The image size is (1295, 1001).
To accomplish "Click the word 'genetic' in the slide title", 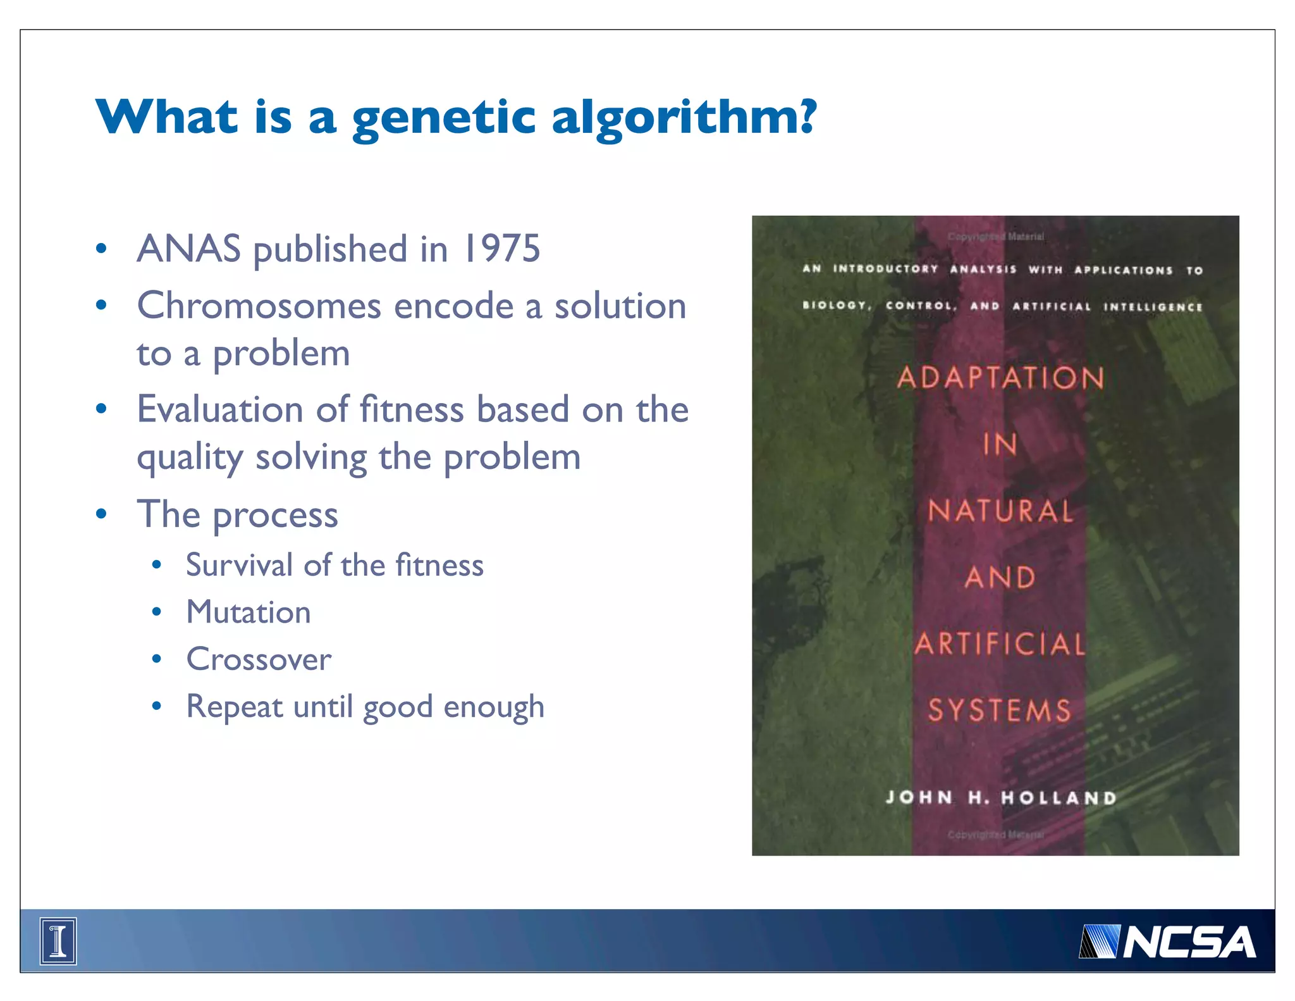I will pyautogui.click(x=444, y=118).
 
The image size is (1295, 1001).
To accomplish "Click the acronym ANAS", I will pyautogui.click(x=188, y=248).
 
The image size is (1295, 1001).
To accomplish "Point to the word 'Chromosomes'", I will pyautogui.click(x=259, y=306).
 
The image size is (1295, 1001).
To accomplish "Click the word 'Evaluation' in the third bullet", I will pyautogui.click(x=219, y=409).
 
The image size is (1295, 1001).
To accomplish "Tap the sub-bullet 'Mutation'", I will pyautogui.click(x=249, y=612).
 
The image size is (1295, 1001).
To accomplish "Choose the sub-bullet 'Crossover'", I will pyautogui.click(x=259, y=659).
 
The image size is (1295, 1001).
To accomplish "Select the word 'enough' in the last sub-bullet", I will pyautogui.click(x=494, y=707).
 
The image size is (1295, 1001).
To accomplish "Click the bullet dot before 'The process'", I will pyautogui.click(x=101, y=513).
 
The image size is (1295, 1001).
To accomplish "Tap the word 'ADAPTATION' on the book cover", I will pyautogui.click(x=1000, y=378).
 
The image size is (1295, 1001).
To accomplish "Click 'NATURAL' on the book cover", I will pyautogui.click(x=1000, y=511).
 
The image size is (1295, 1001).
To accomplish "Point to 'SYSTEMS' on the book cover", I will pyautogui.click(x=1000, y=710).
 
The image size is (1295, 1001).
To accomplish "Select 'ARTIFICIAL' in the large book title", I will pyautogui.click(x=1000, y=644).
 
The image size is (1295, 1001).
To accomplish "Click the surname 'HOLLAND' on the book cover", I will pyautogui.click(x=1059, y=798).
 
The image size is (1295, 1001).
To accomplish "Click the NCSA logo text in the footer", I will pyautogui.click(x=1188, y=942).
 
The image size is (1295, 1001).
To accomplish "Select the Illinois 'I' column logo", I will pyautogui.click(x=58, y=941).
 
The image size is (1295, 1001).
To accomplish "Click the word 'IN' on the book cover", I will pyautogui.click(x=1000, y=444).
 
